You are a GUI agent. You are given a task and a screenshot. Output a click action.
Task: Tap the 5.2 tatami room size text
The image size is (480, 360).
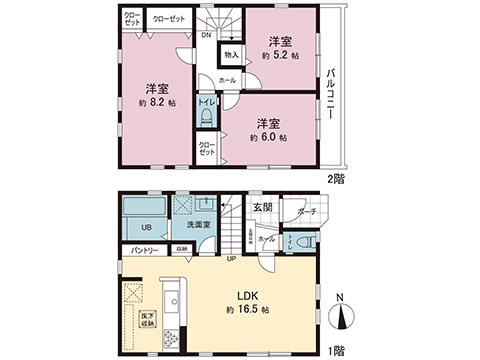279,55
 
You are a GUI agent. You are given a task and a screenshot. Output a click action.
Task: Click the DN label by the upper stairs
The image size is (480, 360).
205,37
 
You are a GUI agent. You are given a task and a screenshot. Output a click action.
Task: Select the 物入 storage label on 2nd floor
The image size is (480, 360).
230,55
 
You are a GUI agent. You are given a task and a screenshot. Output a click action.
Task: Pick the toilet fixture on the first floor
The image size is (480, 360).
308,243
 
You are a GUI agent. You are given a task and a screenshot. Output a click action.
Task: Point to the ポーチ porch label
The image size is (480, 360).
306,211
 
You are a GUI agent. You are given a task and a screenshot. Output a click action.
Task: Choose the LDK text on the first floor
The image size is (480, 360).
249,297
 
